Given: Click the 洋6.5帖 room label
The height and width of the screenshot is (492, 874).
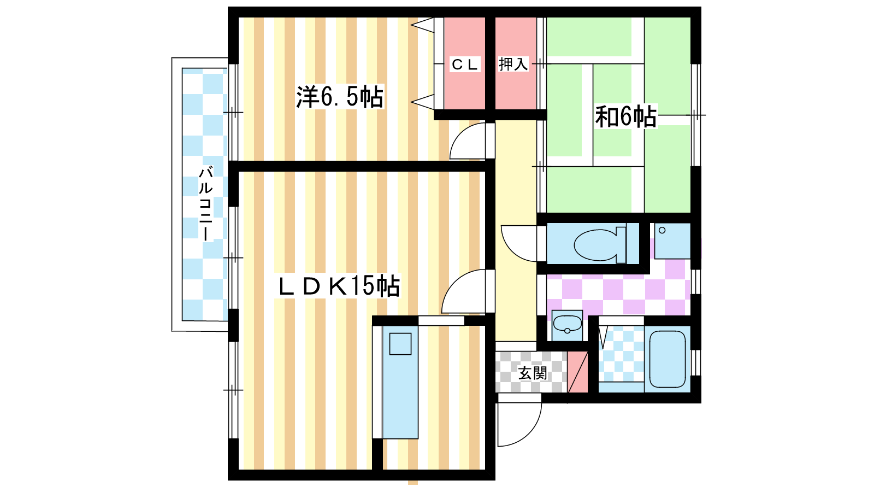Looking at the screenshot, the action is pos(340,96).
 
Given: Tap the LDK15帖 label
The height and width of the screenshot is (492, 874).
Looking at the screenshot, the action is pos(338,286).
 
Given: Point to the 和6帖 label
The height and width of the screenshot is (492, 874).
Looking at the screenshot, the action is pos(625,116).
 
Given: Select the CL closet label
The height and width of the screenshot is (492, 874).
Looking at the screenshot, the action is pos(464,65).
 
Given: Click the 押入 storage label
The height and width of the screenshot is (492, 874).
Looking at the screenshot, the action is pos(513,64).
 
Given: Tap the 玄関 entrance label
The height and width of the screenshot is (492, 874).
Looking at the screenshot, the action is pos(533,373).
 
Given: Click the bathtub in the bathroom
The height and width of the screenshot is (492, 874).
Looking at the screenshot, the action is pos(667,359).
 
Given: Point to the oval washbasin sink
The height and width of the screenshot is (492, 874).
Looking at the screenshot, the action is pos(568,323).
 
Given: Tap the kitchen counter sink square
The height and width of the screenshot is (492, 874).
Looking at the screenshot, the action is pos(400,344).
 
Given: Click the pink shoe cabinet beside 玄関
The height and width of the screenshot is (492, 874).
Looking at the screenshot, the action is pos(577,372).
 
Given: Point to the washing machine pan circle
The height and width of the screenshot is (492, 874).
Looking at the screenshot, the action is pos(662,230).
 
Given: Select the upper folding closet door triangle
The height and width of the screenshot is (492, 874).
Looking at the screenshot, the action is pos(422,25).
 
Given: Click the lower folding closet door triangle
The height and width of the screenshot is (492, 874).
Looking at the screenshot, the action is pos(422,102).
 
